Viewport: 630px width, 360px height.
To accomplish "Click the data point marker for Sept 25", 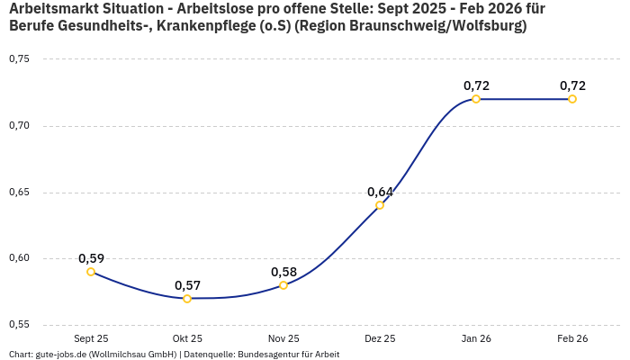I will point(91,272).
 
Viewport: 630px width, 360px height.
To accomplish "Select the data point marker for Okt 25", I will point(187,299).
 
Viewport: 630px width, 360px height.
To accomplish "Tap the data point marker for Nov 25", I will point(283,285).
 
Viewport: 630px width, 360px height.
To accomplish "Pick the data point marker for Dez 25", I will point(380,205).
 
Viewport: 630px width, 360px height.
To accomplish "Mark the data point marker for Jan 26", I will point(476,99).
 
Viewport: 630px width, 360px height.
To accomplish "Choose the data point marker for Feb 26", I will point(572,99).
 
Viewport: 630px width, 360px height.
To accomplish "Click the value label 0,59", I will point(91,258).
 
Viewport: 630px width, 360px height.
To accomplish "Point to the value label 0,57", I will point(187,285).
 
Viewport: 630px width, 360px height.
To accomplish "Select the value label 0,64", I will point(380,192).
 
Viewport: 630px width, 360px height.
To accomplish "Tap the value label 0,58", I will point(283,272).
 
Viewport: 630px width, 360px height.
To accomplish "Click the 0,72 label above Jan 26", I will point(476,85).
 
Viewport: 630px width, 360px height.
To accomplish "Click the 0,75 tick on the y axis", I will point(19,59).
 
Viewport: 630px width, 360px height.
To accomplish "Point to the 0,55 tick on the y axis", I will point(19,325).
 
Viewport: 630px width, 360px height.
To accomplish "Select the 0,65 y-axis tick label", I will point(19,192).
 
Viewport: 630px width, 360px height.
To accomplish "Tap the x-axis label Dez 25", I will point(380,339).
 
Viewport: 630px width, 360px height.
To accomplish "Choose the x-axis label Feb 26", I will point(572,339).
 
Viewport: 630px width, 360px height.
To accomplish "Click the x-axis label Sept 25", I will point(91,339).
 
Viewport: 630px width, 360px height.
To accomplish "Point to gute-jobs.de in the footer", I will point(57,355).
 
